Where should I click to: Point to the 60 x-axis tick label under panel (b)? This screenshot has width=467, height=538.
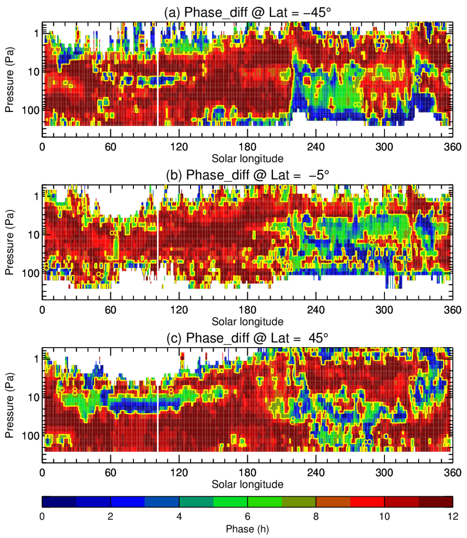(111, 310)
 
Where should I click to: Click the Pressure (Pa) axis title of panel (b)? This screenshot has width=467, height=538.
(9, 242)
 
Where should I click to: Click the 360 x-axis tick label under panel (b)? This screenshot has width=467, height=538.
(452, 310)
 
